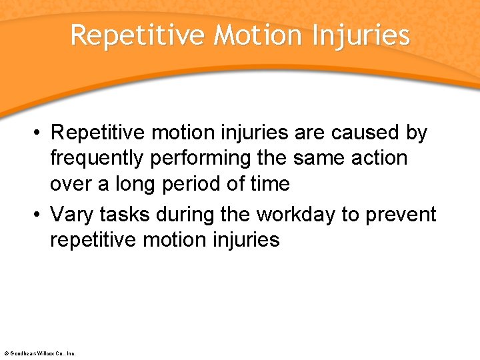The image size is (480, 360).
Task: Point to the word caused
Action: point(364,133)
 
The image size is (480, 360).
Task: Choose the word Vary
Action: point(73,215)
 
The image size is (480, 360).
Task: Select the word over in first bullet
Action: point(71,183)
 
